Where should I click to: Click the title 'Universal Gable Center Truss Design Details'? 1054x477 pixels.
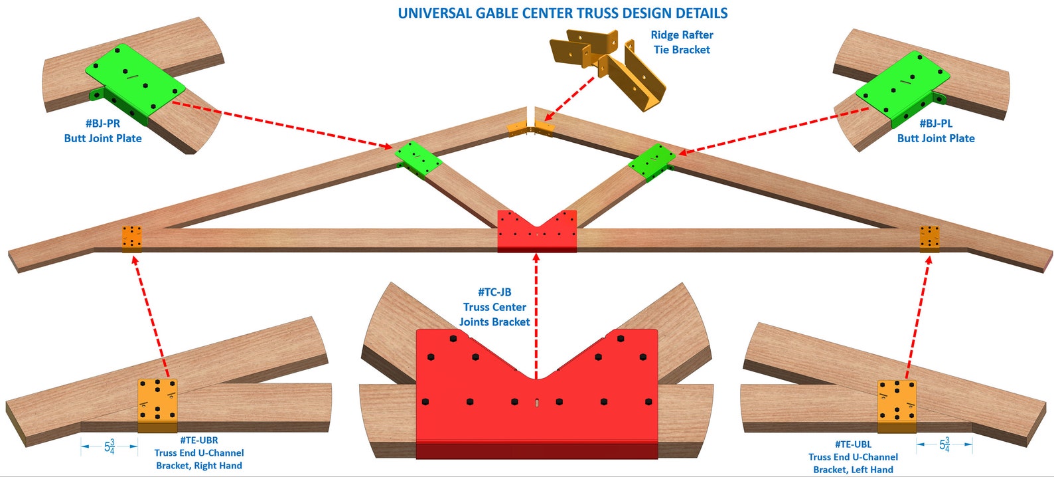click(562, 13)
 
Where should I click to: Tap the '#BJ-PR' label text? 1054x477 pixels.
click(103, 124)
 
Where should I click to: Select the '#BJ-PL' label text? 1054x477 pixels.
click(936, 124)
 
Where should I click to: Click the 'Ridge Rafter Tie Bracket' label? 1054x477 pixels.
click(682, 42)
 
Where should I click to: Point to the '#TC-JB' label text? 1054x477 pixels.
click(494, 292)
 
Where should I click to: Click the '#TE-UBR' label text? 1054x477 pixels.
click(198, 440)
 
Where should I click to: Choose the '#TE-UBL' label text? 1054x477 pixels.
click(853, 444)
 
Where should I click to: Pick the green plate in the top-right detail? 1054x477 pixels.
click(901, 84)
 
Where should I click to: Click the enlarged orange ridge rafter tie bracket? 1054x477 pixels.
click(607, 66)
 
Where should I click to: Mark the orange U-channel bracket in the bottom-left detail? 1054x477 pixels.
click(157, 404)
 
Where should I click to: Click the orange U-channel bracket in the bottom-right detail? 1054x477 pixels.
click(897, 405)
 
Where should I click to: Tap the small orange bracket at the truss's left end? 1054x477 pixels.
click(131, 238)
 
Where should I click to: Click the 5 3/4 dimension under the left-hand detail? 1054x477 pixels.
click(110, 446)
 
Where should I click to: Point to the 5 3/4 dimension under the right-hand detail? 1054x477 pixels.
click(944, 444)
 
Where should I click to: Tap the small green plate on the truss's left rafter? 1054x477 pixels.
click(417, 159)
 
